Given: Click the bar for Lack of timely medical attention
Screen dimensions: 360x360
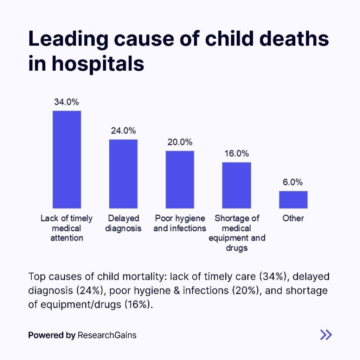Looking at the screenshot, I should pos(67,160).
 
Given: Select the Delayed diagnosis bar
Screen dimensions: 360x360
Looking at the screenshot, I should pos(123,174).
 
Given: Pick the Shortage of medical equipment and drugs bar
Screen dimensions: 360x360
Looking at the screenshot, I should pos(236,185).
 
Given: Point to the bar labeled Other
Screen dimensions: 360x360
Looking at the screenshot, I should pos(293,200).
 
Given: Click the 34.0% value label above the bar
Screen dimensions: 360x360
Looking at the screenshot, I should pos(66,102).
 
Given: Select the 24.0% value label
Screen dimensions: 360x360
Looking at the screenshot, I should pos(123,130).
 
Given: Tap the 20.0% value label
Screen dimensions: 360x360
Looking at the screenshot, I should pos(180,142).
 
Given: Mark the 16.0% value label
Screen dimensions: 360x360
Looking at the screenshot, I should pos(237,154).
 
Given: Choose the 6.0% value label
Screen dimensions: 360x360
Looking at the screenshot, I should pos(293,182).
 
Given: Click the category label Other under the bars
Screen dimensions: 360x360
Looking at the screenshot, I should pos(293,218).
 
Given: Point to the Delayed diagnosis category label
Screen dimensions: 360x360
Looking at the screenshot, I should pos(123,223).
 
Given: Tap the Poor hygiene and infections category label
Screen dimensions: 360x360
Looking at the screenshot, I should pos(180,223).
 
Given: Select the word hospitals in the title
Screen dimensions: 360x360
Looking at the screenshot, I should pos(98,64).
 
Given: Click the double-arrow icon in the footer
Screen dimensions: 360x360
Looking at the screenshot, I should pos(326,335).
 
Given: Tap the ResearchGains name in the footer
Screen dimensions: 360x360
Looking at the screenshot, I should pos(107,335).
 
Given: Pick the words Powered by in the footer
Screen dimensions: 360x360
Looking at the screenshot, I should pos(52,335).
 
